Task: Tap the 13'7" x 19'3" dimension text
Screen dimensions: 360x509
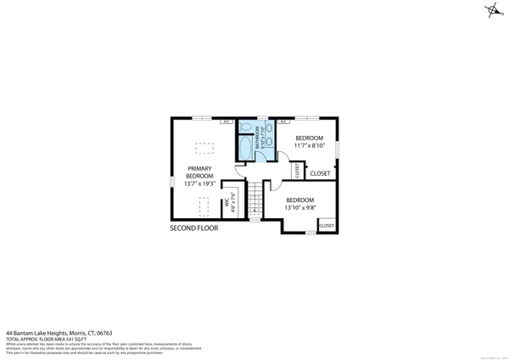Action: (x=199, y=183)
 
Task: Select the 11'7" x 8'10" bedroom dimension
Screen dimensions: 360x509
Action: (x=309, y=145)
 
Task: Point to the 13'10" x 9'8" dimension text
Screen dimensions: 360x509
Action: (x=300, y=207)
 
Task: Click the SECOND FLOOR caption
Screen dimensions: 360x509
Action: (x=193, y=228)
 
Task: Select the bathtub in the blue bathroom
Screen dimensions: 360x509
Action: (x=246, y=148)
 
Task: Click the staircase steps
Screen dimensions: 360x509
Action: (x=253, y=204)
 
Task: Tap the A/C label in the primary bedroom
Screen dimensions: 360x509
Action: (x=227, y=121)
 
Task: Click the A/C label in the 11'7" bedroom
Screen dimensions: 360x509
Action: (x=282, y=121)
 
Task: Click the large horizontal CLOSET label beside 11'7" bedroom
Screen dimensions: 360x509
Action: (x=320, y=173)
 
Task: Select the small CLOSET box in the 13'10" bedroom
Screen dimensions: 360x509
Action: (x=327, y=225)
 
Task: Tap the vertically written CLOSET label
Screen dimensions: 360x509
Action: (x=297, y=170)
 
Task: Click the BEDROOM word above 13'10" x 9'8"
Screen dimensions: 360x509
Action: (x=300, y=200)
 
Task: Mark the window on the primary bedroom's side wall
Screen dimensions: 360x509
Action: (x=172, y=183)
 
